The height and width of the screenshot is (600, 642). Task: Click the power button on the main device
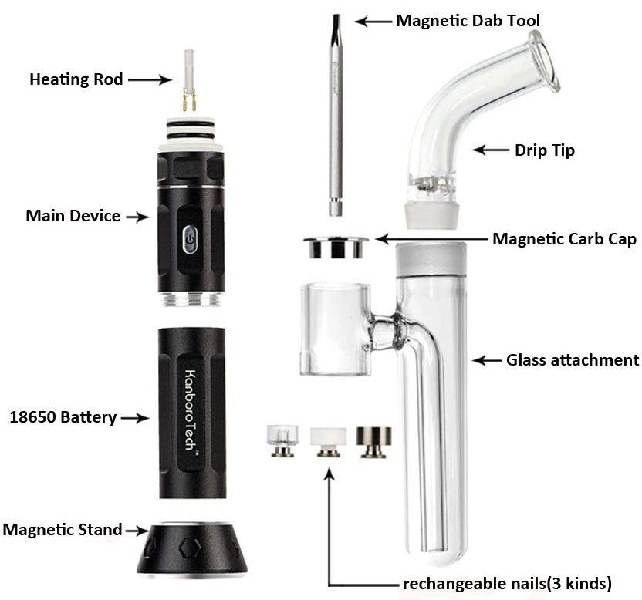coord(189,239)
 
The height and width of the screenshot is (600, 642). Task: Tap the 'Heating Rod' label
coord(76,79)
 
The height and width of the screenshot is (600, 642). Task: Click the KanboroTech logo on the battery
coord(191,410)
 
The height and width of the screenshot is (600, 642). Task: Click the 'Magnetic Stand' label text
coord(63,530)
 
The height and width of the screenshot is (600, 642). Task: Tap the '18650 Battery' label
coord(63,417)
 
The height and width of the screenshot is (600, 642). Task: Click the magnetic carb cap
coord(336,248)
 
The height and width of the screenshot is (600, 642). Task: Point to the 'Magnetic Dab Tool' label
coord(468,21)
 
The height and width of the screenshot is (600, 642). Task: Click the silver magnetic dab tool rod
coord(336,115)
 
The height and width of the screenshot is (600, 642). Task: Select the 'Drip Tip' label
coord(545,150)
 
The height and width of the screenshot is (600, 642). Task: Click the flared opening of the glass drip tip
coord(545,61)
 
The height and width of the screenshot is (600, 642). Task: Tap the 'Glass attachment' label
coord(573,360)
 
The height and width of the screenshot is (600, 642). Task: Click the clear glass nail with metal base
coord(282,441)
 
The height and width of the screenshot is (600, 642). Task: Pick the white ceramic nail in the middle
coord(329,442)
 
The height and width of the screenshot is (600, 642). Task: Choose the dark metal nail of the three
coord(373,442)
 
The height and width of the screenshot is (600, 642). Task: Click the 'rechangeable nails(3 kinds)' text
coord(507,583)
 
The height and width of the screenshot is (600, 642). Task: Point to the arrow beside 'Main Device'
coord(138,217)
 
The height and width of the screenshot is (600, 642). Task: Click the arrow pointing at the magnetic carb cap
coord(431,238)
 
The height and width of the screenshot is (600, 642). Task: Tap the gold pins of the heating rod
coord(189,103)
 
